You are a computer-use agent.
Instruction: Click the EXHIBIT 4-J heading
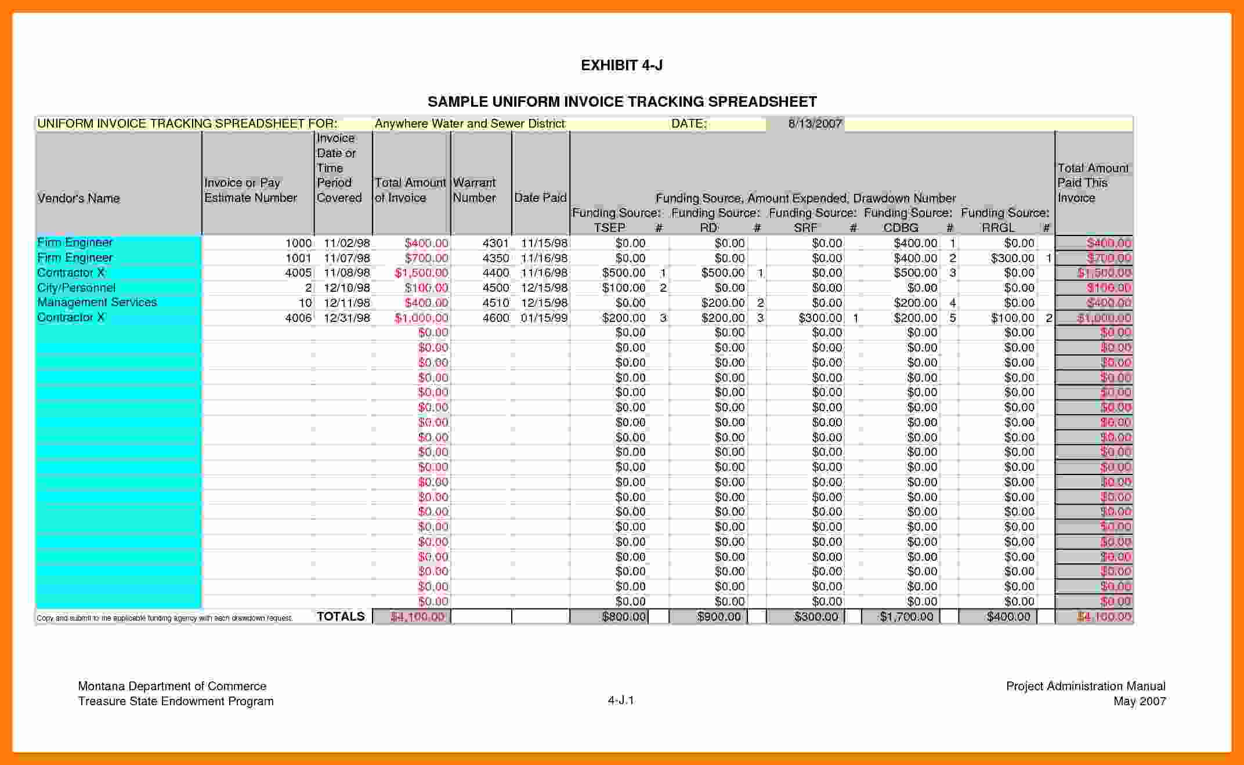pyautogui.click(x=621, y=65)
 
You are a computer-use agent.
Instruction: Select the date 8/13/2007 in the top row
pyautogui.click(x=815, y=124)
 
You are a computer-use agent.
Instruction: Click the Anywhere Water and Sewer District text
pyautogui.click(x=469, y=124)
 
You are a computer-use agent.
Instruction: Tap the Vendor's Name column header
pyautogui.click(x=78, y=198)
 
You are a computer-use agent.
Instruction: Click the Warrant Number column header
pyautogui.click(x=474, y=190)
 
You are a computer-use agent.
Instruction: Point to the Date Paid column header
pyautogui.click(x=540, y=198)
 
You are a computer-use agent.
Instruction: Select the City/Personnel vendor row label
pyautogui.click(x=76, y=288)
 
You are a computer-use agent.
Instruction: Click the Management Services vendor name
pyautogui.click(x=97, y=302)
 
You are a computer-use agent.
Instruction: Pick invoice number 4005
pyautogui.click(x=298, y=273)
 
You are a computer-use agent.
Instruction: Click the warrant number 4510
pyautogui.click(x=496, y=303)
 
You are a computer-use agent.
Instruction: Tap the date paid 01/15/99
pyautogui.click(x=544, y=318)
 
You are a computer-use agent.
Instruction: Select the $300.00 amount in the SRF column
pyautogui.click(x=820, y=318)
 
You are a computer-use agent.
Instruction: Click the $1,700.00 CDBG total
pyautogui.click(x=906, y=617)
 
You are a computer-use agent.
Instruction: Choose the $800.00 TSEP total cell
pyautogui.click(x=624, y=617)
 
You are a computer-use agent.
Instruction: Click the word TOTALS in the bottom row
pyautogui.click(x=341, y=617)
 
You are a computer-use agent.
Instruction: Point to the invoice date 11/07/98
pyautogui.click(x=346, y=258)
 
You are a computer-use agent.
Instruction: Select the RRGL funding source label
pyautogui.click(x=998, y=228)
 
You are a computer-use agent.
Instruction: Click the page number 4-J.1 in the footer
pyautogui.click(x=621, y=701)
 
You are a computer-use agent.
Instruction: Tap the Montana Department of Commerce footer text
pyautogui.click(x=172, y=686)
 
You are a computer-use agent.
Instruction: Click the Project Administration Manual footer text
pyautogui.click(x=1086, y=686)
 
